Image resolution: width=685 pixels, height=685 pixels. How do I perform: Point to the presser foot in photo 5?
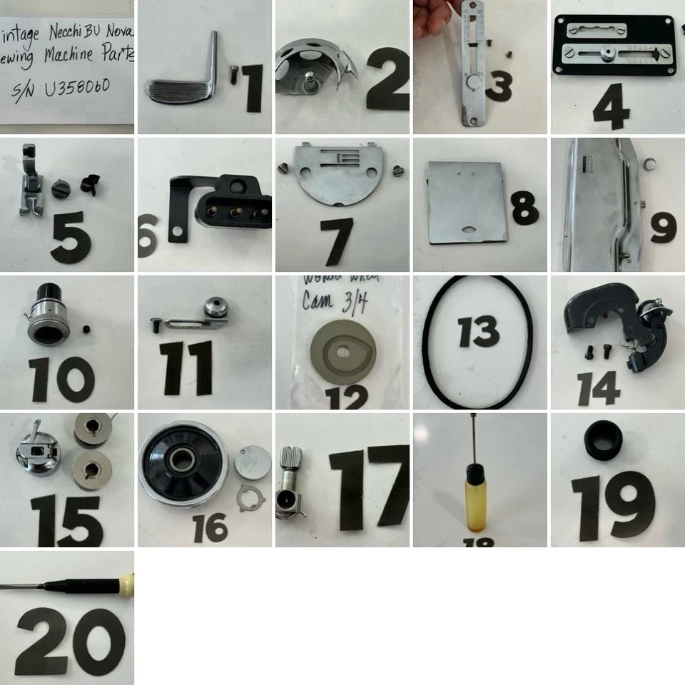point(29,181)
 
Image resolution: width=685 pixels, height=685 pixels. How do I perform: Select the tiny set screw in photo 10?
point(85,329)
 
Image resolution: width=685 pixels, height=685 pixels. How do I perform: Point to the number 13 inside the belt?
point(479,333)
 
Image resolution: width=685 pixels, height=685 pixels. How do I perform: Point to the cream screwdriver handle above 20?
point(127,581)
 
